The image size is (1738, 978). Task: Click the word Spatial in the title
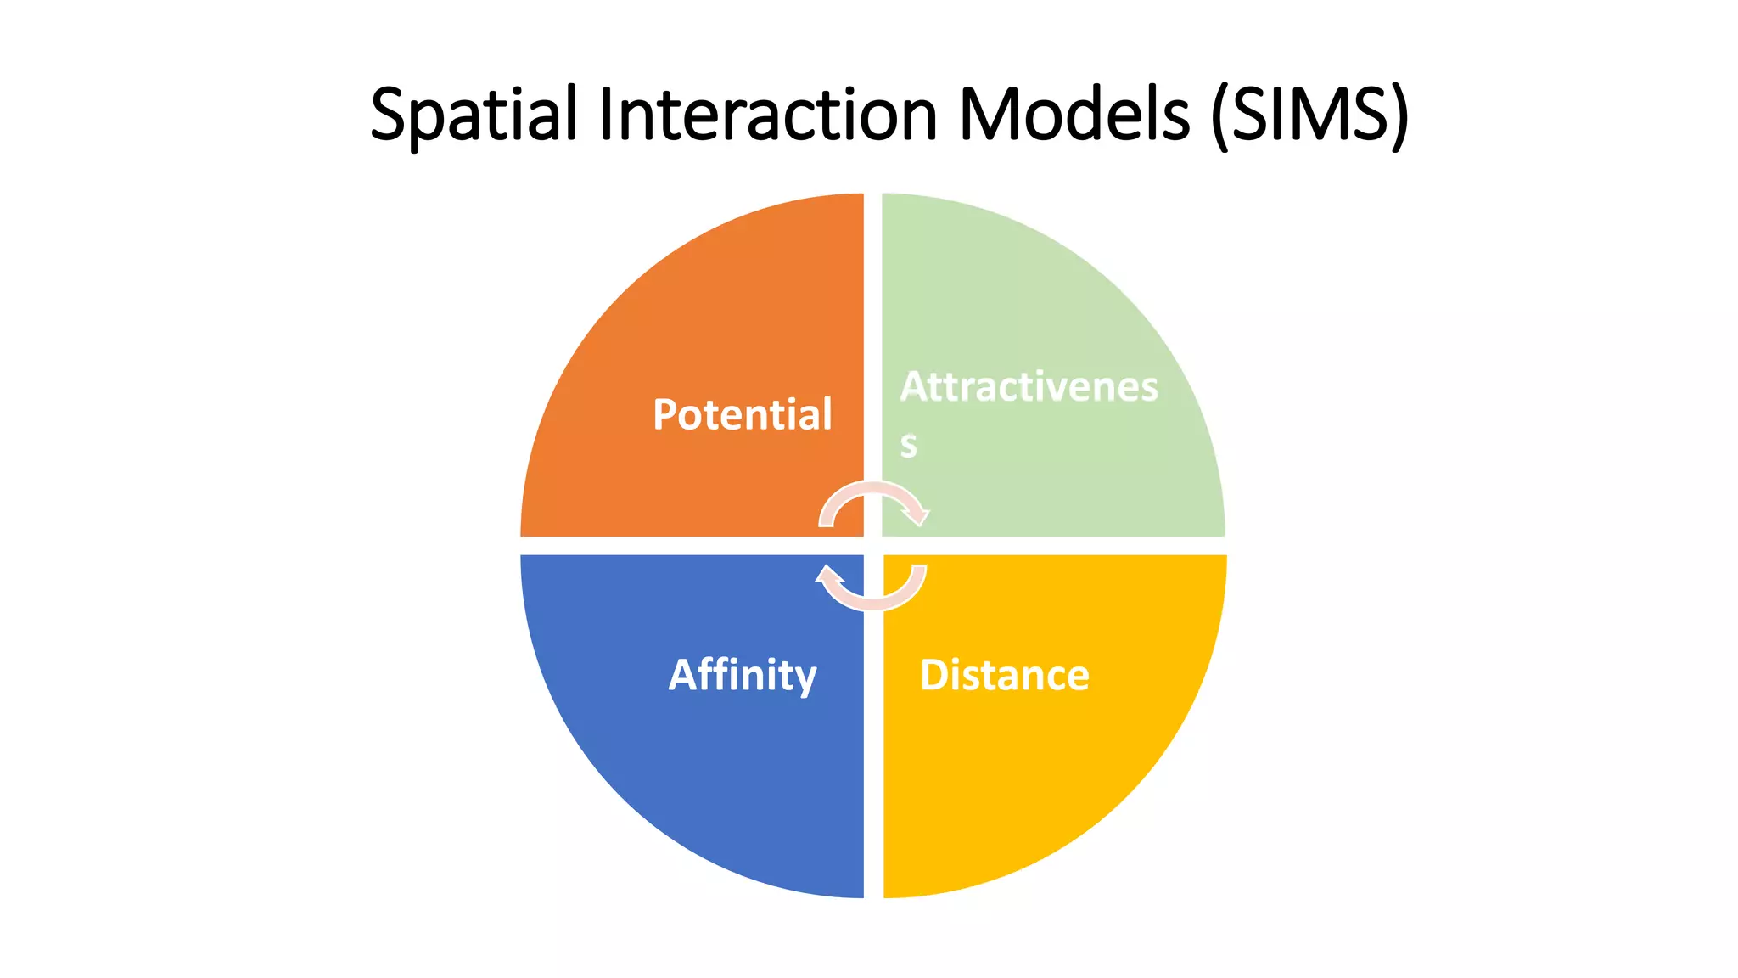(474, 115)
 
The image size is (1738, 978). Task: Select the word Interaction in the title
(767, 115)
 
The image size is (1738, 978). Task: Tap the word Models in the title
(1074, 115)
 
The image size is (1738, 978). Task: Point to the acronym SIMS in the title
(1310, 115)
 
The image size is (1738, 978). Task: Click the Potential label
(743, 414)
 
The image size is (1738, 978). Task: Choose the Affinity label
(743, 676)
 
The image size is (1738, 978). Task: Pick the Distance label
(1004, 676)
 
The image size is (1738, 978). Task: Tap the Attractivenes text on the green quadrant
(1029, 387)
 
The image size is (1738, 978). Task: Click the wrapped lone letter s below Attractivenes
(908, 445)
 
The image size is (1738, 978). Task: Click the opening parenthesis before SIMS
(1219, 116)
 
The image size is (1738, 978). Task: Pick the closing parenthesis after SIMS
(1400, 116)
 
